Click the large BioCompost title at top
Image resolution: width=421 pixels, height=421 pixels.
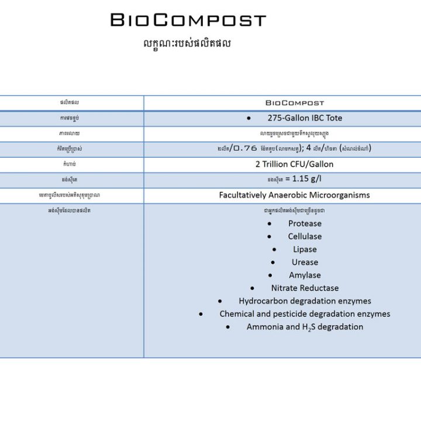click(x=188, y=20)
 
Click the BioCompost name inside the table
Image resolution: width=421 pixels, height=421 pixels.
click(x=294, y=103)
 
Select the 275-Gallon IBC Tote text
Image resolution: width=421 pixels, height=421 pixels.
click(x=305, y=118)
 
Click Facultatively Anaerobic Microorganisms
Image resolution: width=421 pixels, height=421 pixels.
click(x=294, y=195)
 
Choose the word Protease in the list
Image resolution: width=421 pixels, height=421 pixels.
click(x=305, y=223)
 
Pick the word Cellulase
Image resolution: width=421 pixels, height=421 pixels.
click(x=305, y=236)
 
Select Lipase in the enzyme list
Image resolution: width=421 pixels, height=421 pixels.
click(x=305, y=249)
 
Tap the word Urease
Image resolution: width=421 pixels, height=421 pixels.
click(x=305, y=262)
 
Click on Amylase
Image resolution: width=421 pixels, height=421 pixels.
click(x=305, y=275)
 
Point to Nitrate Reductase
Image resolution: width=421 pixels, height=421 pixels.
click(x=305, y=288)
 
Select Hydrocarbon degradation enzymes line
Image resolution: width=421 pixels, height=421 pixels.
click(x=305, y=301)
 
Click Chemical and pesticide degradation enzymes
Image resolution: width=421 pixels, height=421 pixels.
click(x=305, y=313)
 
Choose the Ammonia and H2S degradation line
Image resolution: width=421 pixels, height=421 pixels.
click(x=305, y=327)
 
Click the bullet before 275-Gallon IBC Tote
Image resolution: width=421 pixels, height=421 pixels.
click(x=249, y=118)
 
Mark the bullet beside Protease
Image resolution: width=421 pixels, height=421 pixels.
click(x=269, y=223)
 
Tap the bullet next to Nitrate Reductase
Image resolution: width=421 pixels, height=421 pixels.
click(x=252, y=288)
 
